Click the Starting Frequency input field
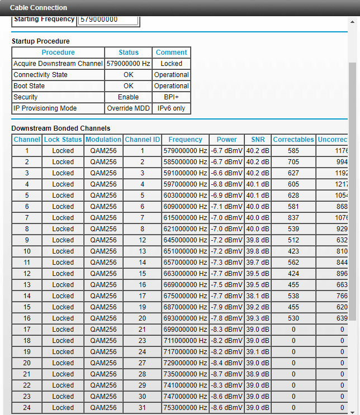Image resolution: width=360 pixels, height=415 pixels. click(x=108, y=20)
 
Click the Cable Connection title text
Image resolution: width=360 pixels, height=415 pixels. click(x=39, y=8)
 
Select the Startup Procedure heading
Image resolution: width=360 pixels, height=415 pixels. click(x=40, y=41)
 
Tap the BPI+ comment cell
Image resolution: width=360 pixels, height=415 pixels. click(x=172, y=97)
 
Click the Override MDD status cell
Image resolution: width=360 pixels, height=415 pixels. click(x=129, y=108)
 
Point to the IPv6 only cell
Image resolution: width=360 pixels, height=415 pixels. click(x=172, y=108)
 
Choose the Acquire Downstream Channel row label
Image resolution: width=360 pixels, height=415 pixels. click(x=58, y=64)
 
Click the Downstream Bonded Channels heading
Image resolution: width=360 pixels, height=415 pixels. click(x=61, y=128)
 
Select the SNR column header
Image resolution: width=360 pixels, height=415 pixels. click(x=258, y=140)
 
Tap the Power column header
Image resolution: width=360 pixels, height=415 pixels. click(x=227, y=140)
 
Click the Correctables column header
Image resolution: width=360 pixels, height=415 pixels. click(x=293, y=140)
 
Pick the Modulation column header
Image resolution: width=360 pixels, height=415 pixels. click(x=103, y=140)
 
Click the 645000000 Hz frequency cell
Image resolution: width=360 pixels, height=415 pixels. click(x=185, y=240)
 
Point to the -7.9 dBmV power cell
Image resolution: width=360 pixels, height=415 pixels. click(x=227, y=307)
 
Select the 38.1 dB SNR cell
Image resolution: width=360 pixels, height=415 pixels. click(x=258, y=296)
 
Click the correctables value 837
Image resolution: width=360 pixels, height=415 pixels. click(x=293, y=218)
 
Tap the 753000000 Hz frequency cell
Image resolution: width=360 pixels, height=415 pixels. click(x=185, y=408)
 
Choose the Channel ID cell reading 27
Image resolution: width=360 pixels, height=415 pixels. click(x=142, y=363)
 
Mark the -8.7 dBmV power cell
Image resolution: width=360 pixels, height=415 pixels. click(x=227, y=374)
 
